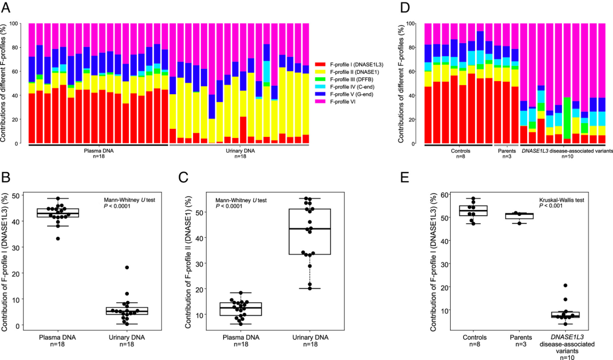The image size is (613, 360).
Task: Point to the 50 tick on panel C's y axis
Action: click(204, 212)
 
